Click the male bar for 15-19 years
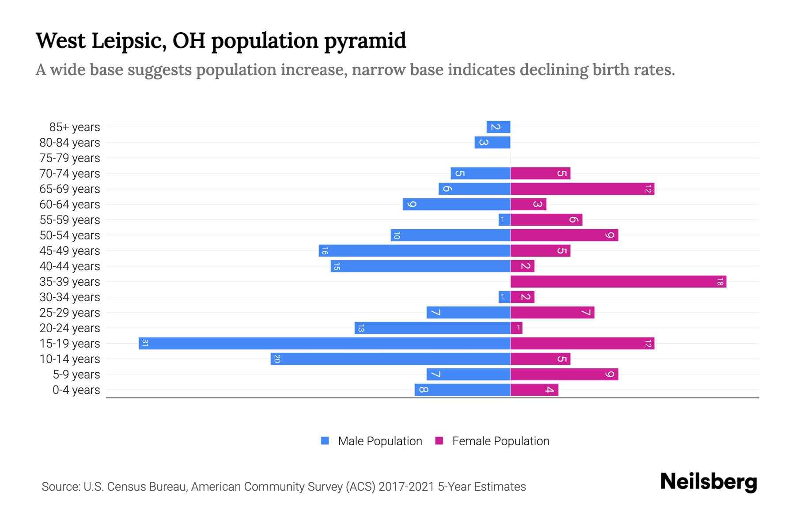click(x=325, y=343)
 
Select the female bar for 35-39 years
click(x=618, y=281)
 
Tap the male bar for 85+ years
click(x=498, y=127)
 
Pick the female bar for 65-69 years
click(x=582, y=189)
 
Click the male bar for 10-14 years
click(x=390, y=359)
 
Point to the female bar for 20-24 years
click(x=516, y=328)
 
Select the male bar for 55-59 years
click(x=504, y=220)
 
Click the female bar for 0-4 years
click(x=534, y=390)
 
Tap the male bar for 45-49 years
click(x=414, y=250)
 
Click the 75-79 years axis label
click(x=70, y=158)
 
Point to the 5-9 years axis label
click(x=76, y=375)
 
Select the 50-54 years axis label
click(x=70, y=235)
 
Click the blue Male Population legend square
click(x=325, y=441)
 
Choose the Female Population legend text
click(x=500, y=441)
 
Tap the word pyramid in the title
click(x=365, y=41)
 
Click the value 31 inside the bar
click(x=145, y=343)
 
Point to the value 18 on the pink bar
click(x=719, y=281)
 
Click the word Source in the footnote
click(x=61, y=487)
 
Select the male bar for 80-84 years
click(x=492, y=142)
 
